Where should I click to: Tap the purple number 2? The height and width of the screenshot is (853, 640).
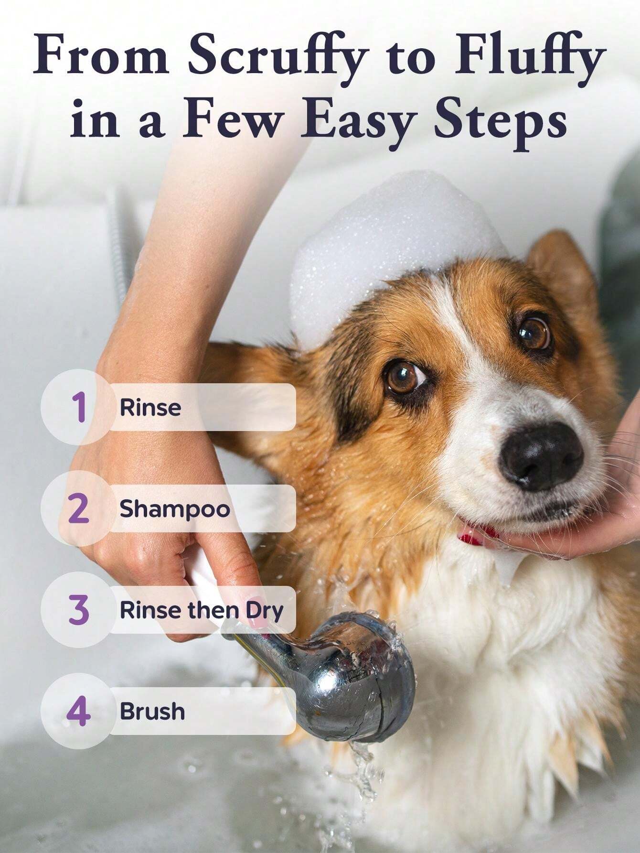tap(79, 508)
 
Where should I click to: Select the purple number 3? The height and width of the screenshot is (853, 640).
tap(79, 610)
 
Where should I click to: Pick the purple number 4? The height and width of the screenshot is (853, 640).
tap(78, 711)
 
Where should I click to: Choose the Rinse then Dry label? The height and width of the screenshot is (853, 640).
tap(201, 611)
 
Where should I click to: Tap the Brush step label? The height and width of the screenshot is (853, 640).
tap(152, 711)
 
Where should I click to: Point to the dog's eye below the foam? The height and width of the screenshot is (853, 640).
tap(405, 378)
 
